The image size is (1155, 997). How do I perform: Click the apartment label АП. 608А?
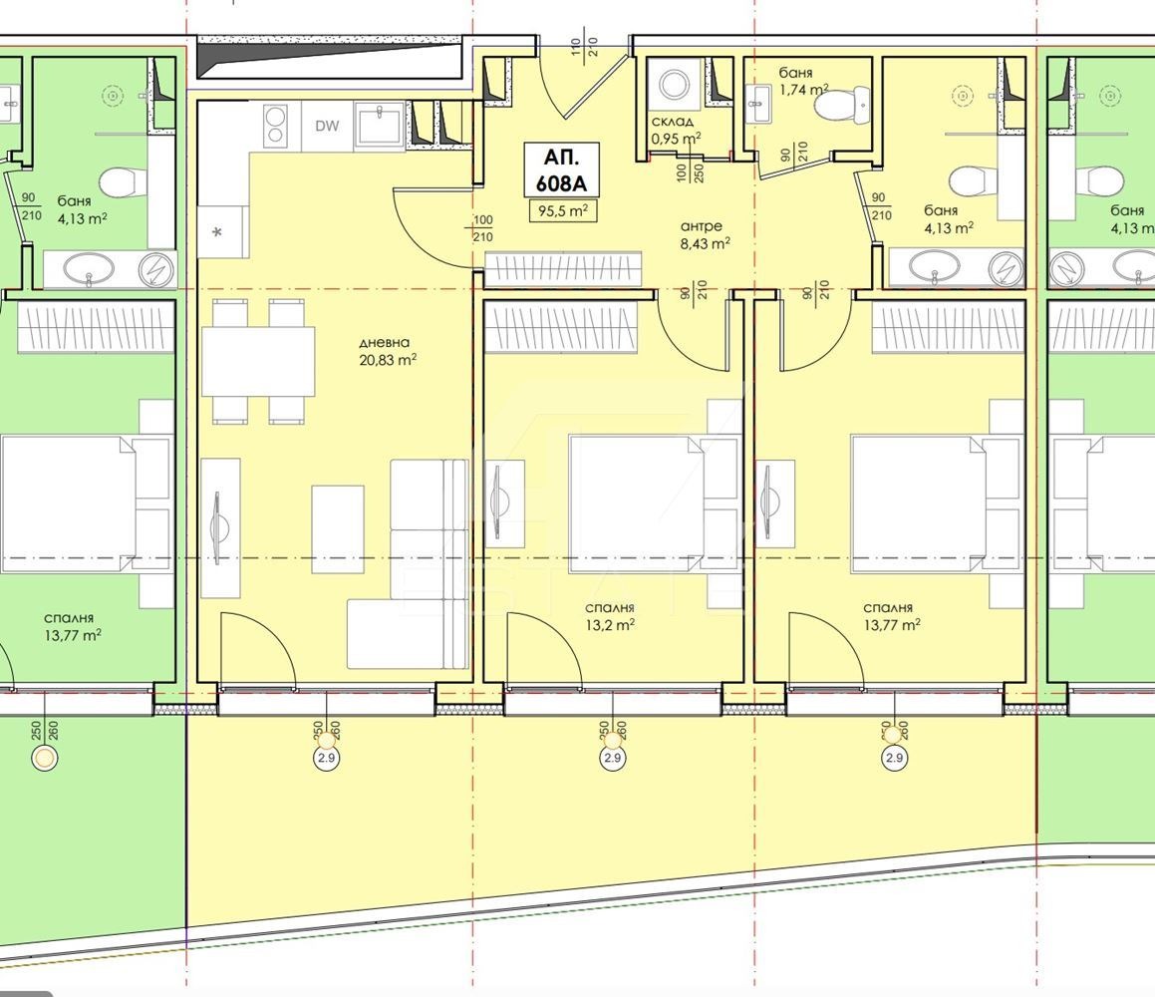[561, 170]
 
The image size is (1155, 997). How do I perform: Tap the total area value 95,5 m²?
[562, 210]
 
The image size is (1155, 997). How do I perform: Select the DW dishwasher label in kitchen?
[327, 126]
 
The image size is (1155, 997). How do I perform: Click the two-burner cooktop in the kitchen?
[275, 126]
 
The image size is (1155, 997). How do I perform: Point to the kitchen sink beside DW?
[379, 123]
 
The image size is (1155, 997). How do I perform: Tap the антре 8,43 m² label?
[705, 235]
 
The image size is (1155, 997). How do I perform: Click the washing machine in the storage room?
[674, 86]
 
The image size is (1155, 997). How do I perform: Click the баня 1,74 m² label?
[803, 81]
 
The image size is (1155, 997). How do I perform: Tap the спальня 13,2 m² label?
[610, 617]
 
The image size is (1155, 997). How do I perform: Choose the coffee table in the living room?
[338, 529]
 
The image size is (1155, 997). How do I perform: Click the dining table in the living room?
[258, 361]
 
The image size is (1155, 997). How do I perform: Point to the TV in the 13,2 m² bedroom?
[500, 501]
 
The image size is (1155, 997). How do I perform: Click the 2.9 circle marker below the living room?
[327, 758]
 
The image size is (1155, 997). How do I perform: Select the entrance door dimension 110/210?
[585, 44]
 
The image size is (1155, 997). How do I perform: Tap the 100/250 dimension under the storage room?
[690, 172]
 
